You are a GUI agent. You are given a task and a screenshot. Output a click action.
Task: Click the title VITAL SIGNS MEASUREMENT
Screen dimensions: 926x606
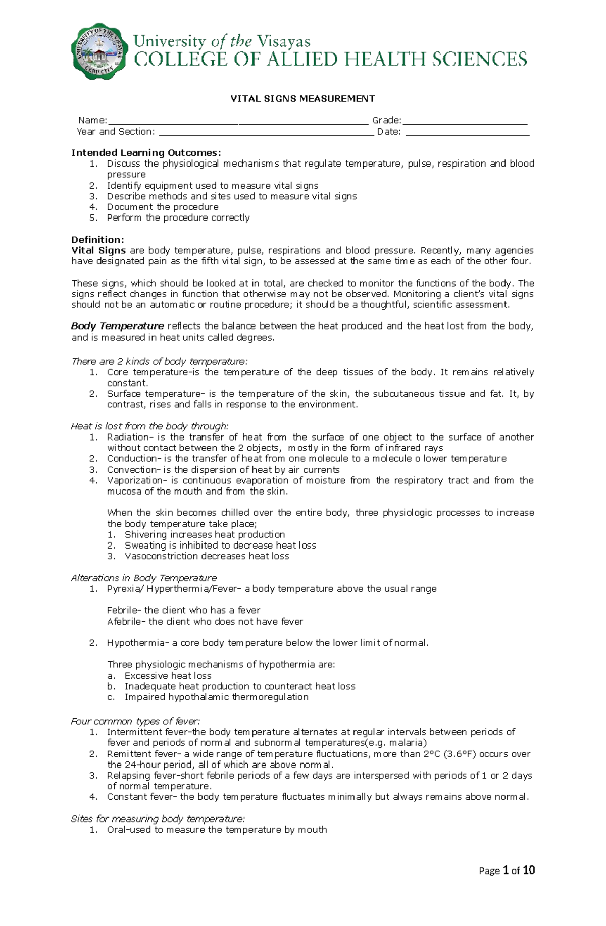point(302,99)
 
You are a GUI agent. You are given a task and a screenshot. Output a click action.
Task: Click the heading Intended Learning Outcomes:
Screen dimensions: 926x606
point(146,153)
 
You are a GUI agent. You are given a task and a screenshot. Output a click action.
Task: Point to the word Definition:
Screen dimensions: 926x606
point(97,240)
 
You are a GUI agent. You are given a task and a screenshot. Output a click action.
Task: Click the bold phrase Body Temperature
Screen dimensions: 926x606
point(118,326)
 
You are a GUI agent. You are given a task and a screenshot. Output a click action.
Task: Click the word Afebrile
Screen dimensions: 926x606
point(124,622)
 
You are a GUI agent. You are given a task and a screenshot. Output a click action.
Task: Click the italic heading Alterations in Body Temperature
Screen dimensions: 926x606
point(144,578)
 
